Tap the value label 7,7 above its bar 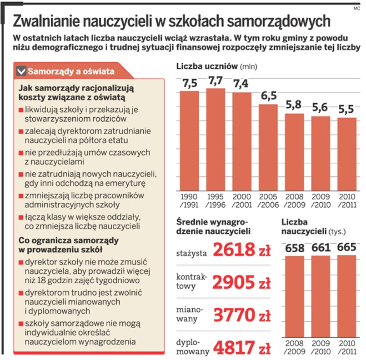[216, 81]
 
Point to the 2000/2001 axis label [242, 200]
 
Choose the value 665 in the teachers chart [347, 248]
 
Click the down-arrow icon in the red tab [21, 71]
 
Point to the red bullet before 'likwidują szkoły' [21, 110]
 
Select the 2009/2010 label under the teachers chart [321, 347]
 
